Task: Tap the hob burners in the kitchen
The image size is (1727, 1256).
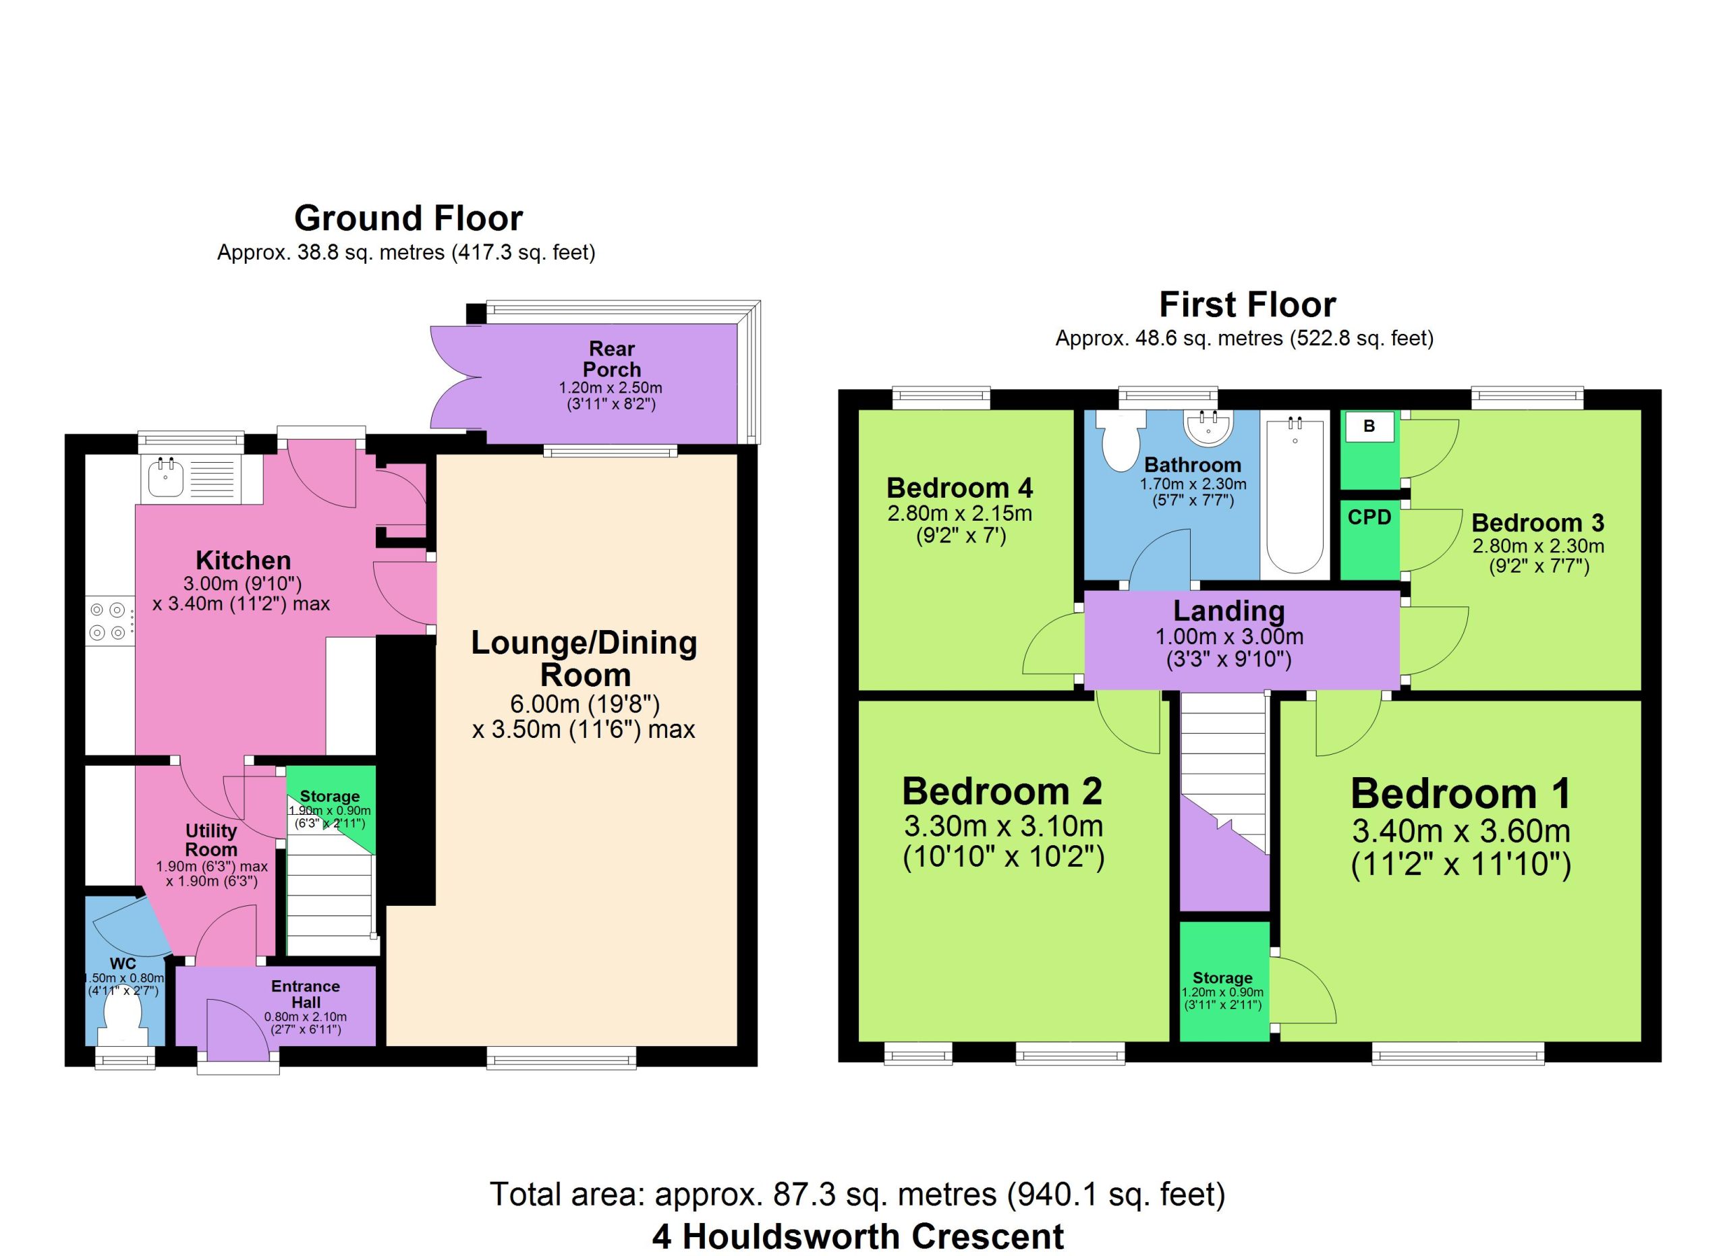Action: (x=107, y=621)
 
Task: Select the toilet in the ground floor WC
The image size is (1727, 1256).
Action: (x=122, y=1021)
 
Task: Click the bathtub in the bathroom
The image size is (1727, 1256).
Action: (x=1295, y=495)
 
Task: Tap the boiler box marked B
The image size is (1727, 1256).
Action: (x=1369, y=426)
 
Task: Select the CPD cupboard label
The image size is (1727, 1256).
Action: (x=1369, y=517)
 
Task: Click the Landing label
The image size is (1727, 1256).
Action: (x=1229, y=610)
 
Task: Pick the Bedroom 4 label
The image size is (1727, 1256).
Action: (x=959, y=487)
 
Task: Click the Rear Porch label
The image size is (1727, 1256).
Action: (x=611, y=360)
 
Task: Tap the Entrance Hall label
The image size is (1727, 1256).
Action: (x=306, y=994)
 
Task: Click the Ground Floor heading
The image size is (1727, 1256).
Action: (x=408, y=219)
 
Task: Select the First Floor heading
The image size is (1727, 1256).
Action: (x=1247, y=304)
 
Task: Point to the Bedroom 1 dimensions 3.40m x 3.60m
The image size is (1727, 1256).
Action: (x=1461, y=831)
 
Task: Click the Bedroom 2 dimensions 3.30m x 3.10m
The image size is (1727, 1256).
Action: (x=1004, y=826)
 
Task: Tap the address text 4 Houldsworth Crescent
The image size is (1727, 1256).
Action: (x=858, y=1237)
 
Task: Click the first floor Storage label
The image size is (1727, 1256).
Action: (x=1222, y=978)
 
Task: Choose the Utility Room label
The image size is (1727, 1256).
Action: (x=212, y=840)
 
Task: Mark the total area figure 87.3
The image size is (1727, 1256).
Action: (x=800, y=1195)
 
